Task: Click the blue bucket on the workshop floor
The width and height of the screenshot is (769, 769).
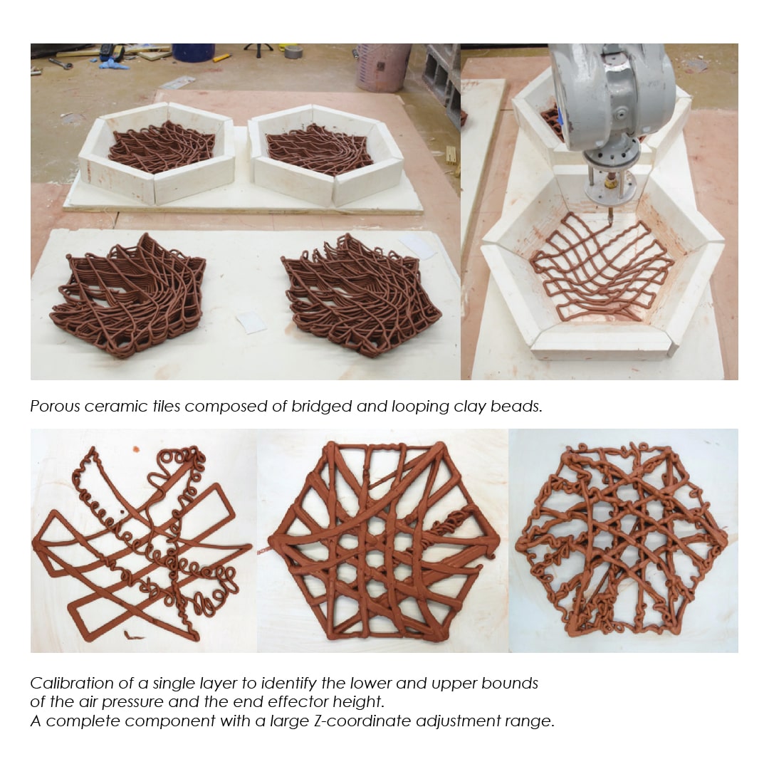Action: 193,52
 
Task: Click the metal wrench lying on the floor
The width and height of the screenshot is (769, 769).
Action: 59,62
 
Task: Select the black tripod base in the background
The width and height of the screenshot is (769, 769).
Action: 258,48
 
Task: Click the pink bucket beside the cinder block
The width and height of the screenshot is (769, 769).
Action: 382,66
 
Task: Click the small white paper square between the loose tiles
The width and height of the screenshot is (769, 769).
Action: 251,323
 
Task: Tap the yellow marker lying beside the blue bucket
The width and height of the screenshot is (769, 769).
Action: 221,58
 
